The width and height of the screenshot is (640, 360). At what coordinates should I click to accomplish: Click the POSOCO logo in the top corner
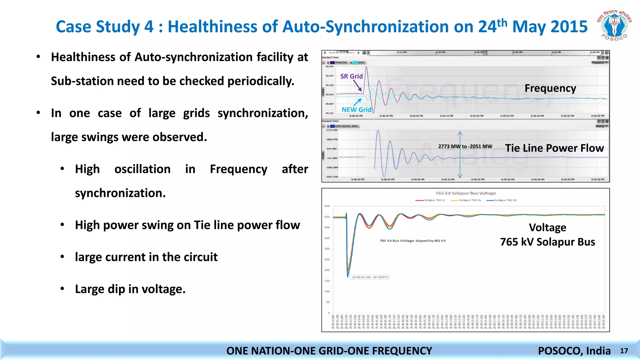(x=614, y=26)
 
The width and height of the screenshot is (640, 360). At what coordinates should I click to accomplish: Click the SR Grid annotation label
(x=351, y=76)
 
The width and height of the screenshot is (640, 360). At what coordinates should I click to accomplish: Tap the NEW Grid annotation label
(x=356, y=110)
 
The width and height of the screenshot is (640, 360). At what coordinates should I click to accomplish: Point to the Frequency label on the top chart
(x=550, y=88)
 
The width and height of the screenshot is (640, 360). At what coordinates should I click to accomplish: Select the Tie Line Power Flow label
(x=554, y=148)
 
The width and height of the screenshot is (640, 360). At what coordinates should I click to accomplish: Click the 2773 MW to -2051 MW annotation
(x=465, y=146)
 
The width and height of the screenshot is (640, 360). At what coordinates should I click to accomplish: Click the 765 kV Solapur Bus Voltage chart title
(x=465, y=193)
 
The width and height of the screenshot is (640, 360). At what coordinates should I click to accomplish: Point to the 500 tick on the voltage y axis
(x=327, y=206)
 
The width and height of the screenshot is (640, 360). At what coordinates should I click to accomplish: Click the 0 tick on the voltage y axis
(x=328, y=313)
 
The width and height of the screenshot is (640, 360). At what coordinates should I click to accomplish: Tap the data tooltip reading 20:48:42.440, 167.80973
(x=370, y=277)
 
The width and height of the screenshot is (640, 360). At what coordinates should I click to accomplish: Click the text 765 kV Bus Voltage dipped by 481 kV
(x=412, y=241)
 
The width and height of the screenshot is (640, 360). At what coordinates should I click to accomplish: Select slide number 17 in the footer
(x=624, y=351)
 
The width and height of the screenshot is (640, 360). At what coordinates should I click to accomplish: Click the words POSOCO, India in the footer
(x=574, y=351)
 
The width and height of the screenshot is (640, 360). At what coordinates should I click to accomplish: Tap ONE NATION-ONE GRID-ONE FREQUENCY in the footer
(x=329, y=351)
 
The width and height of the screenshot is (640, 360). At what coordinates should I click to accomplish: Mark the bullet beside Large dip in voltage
(x=62, y=289)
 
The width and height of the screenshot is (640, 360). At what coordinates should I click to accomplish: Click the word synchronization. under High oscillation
(x=120, y=193)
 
